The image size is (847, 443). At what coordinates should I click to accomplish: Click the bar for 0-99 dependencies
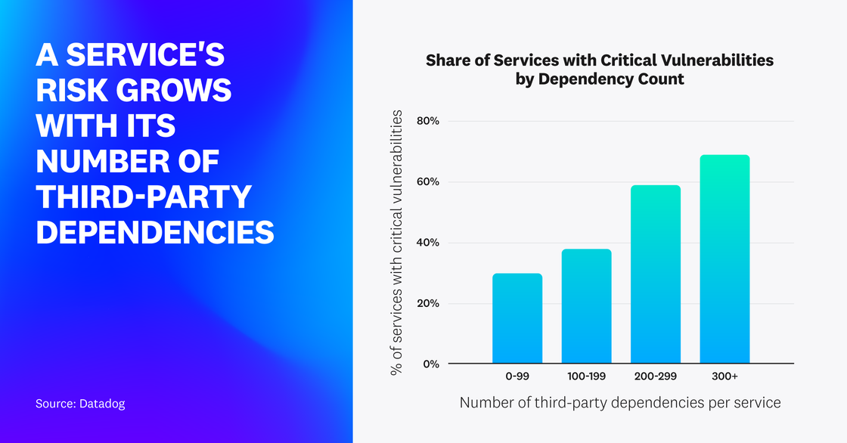(517, 318)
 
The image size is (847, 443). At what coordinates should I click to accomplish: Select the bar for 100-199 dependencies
(586, 306)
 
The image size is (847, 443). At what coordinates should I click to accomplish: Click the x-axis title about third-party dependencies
(619, 403)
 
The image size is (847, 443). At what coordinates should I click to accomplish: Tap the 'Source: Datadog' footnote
(80, 404)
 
